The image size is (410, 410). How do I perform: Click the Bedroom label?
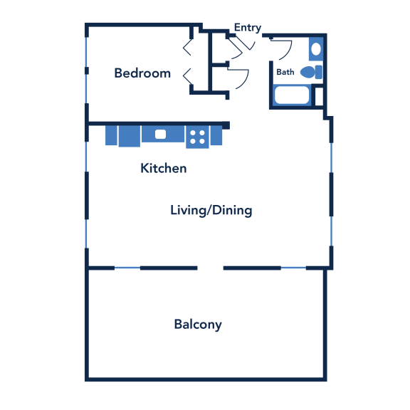pyautogui.click(x=142, y=73)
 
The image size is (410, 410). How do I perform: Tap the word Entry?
pyautogui.click(x=248, y=28)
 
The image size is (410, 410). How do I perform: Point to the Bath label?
pyautogui.click(x=285, y=72)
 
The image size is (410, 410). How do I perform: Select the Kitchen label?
pyautogui.click(x=164, y=168)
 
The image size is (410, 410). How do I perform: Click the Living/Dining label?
pyautogui.click(x=211, y=211)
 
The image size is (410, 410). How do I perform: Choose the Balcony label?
pyautogui.click(x=198, y=325)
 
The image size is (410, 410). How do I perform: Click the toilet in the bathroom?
pyautogui.click(x=311, y=72)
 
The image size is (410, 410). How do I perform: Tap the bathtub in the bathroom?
pyautogui.click(x=292, y=95)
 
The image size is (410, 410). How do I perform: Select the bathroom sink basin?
pyautogui.click(x=316, y=49)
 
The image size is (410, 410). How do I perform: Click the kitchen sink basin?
pyautogui.click(x=160, y=134)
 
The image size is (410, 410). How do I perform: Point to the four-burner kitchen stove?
pyautogui.click(x=197, y=137)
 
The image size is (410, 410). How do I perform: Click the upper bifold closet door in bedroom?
pyautogui.click(x=187, y=48)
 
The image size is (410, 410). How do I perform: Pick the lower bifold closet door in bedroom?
pyautogui.click(x=187, y=76)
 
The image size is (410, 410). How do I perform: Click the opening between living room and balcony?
pyautogui.click(x=210, y=268)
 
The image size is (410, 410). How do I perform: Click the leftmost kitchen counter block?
pyautogui.click(x=111, y=135)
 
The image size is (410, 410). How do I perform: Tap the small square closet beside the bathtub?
pyautogui.click(x=319, y=97)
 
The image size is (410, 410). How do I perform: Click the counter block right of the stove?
pyautogui.click(x=216, y=135)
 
